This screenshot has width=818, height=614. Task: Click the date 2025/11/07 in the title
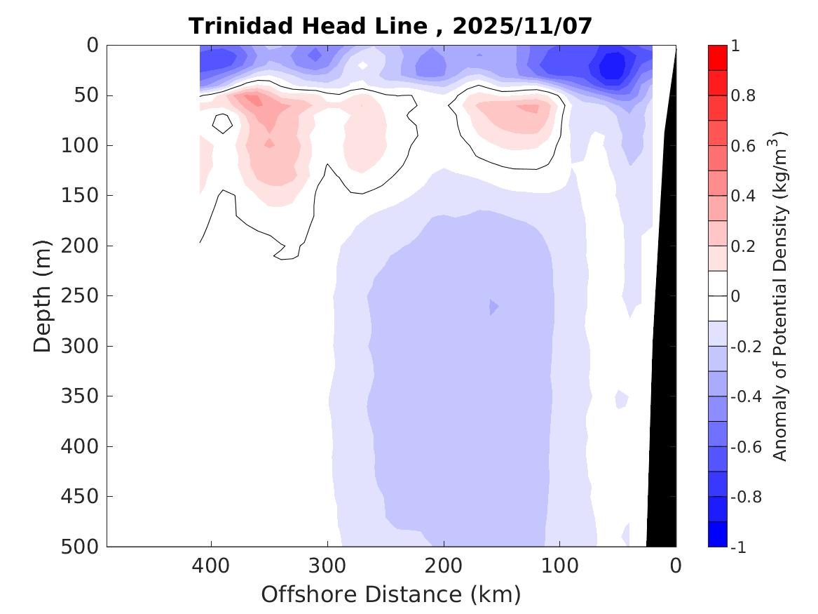click(x=523, y=26)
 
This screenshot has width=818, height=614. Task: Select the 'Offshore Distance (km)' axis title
click(x=391, y=594)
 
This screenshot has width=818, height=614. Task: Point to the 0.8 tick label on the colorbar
click(x=743, y=95)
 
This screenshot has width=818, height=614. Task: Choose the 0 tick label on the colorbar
click(x=735, y=296)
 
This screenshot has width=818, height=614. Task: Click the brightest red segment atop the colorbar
click(x=718, y=58)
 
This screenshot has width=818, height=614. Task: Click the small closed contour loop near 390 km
click(x=222, y=124)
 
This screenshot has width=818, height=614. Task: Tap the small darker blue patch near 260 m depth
click(x=493, y=307)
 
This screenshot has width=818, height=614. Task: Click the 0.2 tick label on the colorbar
click(x=743, y=246)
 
